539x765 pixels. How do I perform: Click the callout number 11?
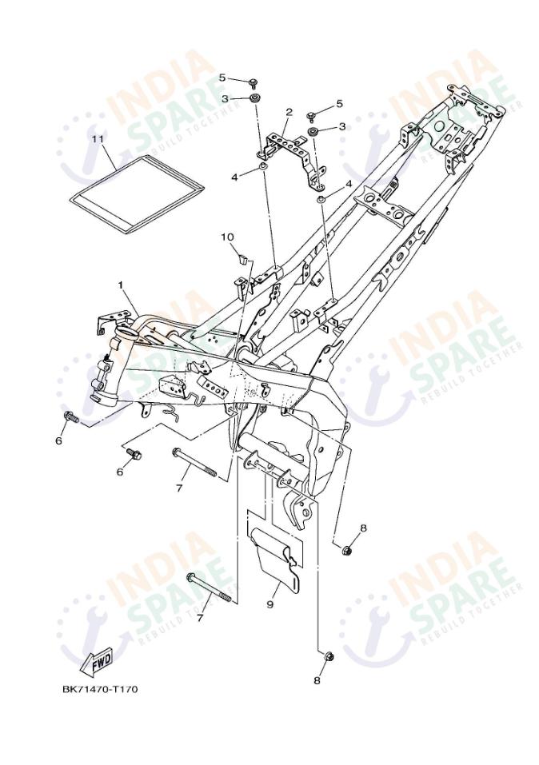[x=98, y=139]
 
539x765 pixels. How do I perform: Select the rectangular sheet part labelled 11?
[x=136, y=193]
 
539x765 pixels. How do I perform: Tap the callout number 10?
[x=227, y=237]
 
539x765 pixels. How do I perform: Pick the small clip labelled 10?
[x=242, y=257]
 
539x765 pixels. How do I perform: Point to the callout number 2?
[x=289, y=112]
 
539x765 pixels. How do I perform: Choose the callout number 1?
[x=119, y=284]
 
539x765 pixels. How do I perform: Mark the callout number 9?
[x=270, y=604]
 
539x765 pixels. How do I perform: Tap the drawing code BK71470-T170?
[x=100, y=689]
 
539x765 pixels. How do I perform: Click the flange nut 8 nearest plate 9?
[x=347, y=552]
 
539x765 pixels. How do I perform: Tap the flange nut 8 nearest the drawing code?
[x=328, y=657]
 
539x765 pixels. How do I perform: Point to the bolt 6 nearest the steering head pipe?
[x=71, y=417]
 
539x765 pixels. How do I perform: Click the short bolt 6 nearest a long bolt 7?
[x=133, y=454]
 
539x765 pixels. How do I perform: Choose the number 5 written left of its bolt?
[x=222, y=78]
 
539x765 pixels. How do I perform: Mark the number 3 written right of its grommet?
[x=342, y=126]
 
